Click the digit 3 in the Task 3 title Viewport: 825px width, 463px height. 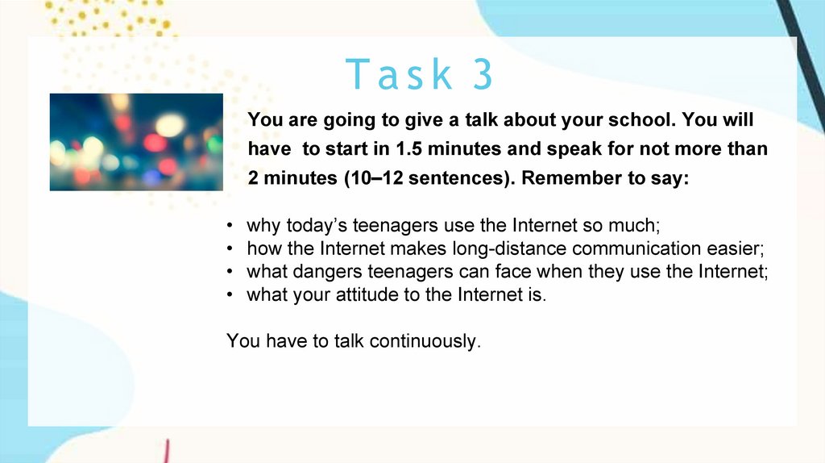pos(483,73)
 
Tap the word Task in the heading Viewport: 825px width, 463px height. pos(399,73)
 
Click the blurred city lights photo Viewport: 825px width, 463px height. pos(136,142)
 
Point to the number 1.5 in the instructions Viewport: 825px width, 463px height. pos(409,149)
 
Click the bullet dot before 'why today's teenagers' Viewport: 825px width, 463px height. pos(230,226)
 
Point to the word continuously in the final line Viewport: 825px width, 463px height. pos(425,341)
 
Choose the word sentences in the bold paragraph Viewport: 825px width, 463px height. pos(459,178)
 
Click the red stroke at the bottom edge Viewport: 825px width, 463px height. pos(166,452)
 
